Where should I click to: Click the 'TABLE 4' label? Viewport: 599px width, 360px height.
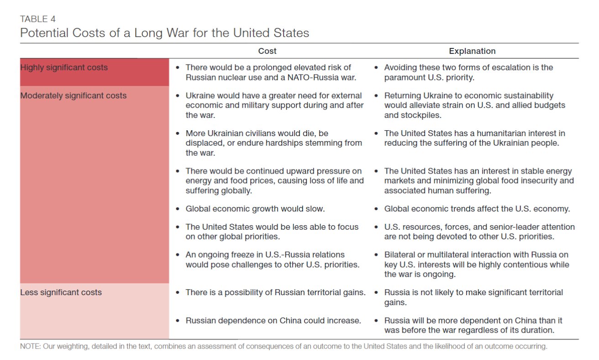coord(38,19)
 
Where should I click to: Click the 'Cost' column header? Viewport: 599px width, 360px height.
coord(267,51)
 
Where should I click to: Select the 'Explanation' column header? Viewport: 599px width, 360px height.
coord(472,51)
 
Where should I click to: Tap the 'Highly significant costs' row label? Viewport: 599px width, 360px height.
coord(64,68)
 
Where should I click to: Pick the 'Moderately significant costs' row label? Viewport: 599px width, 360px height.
coord(73,96)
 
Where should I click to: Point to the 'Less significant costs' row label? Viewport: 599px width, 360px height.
coord(61,292)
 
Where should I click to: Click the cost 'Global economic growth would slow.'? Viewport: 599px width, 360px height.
coord(255,209)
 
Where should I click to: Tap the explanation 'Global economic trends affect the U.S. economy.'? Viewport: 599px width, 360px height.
coord(477,209)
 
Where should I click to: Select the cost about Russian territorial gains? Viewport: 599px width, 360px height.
coord(275,292)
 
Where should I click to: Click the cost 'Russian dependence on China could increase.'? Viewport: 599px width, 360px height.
coord(273,321)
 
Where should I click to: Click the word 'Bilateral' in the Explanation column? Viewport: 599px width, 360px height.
coord(401,255)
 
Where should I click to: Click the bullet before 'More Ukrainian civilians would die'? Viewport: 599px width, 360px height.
coord(178,133)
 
